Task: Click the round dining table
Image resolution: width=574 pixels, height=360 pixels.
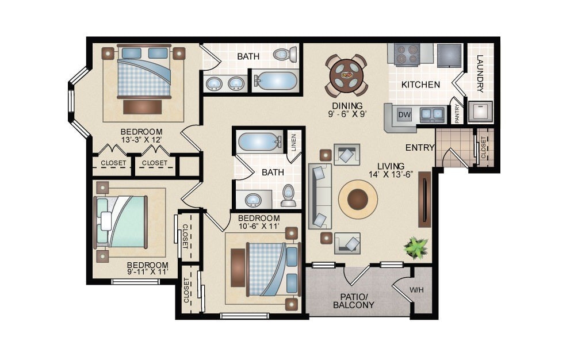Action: pos(347,75)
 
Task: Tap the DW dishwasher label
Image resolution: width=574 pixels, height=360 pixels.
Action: pos(405,114)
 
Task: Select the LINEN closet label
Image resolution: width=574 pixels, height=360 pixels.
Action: pos(293,141)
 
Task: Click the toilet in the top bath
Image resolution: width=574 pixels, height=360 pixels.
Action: pos(282,55)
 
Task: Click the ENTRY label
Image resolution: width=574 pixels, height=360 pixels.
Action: pos(420,148)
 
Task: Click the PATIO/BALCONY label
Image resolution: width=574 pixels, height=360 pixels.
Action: pos(354,301)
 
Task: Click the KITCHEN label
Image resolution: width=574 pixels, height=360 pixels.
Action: pos(420,85)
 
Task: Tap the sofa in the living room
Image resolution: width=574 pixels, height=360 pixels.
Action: pos(320,196)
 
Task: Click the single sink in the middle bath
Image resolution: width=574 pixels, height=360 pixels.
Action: pos(254,200)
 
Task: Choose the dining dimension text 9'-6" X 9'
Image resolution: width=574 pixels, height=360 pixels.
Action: pos(347,113)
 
